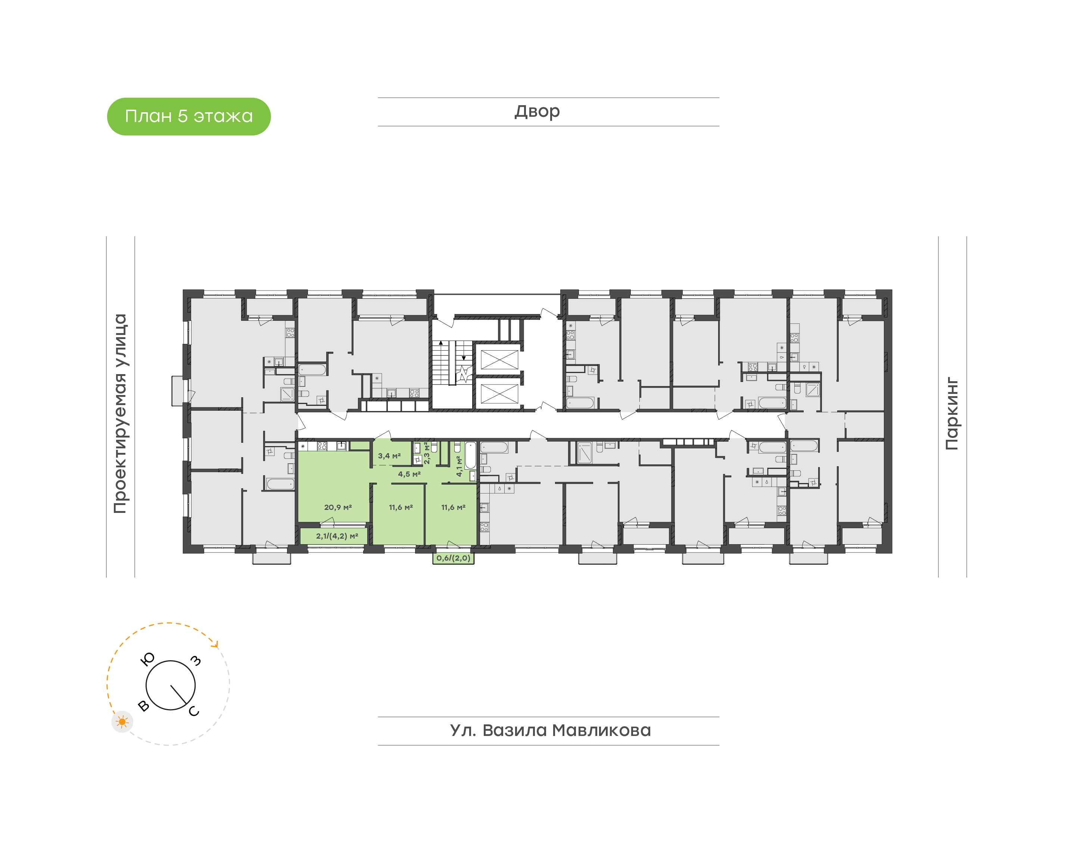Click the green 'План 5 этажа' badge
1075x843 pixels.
pyautogui.click(x=188, y=116)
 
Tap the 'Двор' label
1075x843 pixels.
pyautogui.click(x=537, y=112)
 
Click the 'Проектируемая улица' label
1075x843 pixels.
pyautogui.click(x=121, y=414)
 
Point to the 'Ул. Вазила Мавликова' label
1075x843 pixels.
pyautogui.click(x=550, y=730)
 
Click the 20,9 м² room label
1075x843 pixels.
pyautogui.click(x=338, y=507)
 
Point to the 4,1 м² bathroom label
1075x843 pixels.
pyautogui.click(x=459, y=466)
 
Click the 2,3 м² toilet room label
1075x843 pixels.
pyautogui.click(x=427, y=453)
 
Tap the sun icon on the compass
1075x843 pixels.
pyautogui.click(x=122, y=722)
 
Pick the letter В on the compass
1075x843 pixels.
pyautogui.click(x=144, y=706)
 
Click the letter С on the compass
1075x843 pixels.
pyautogui.click(x=194, y=711)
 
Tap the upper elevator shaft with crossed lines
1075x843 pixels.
pyautogui.click(x=499, y=359)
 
